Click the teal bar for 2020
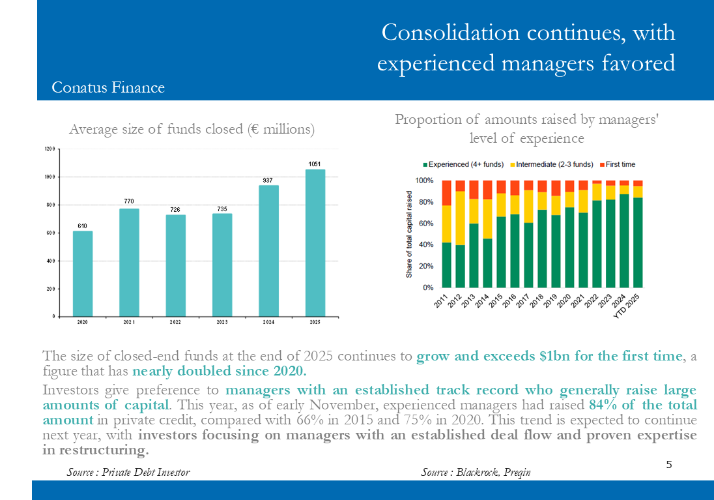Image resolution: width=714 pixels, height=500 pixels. (x=83, y=273)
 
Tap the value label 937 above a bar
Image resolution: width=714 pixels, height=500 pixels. (x=268, y=180)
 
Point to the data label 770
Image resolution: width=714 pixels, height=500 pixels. (x=129, y=201)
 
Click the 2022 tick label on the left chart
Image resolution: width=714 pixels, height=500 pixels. (x=175, y=322)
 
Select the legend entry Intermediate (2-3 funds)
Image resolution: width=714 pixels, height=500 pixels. (x=554, y=164)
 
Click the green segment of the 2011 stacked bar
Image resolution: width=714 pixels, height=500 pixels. (x=447, y=265)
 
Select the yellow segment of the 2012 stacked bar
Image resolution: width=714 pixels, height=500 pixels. (x=461, y=218)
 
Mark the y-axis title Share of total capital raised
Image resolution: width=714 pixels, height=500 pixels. (x=409, y=234)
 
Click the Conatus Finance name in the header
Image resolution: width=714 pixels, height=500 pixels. (x=108, y=87)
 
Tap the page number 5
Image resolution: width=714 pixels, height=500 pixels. (x=669, y=464)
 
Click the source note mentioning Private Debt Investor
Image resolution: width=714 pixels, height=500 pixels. (x=128, y=471)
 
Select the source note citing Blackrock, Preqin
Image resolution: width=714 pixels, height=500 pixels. (x=476, y=471)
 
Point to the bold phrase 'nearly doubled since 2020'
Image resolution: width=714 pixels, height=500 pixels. (x=220, y=372)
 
